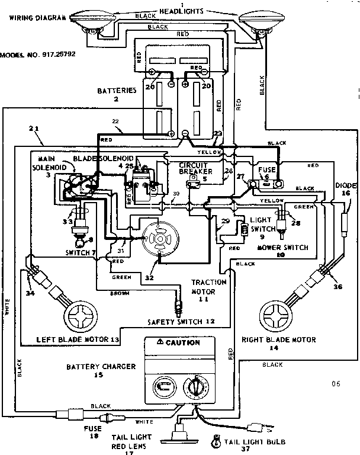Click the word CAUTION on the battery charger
point(182,342)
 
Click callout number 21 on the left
point(34,128)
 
